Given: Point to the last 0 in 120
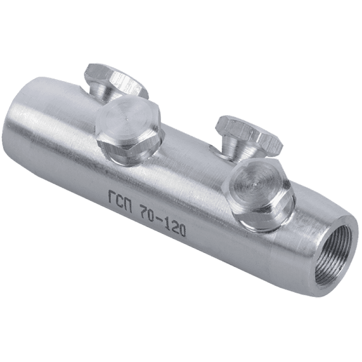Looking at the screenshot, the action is tap(182, 230).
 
